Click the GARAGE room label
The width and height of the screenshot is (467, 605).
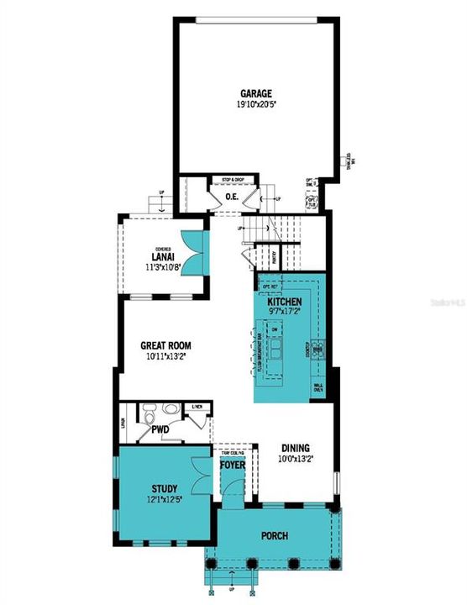254,93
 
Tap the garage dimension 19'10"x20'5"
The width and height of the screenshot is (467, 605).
254,105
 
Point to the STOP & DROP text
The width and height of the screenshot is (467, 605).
233,180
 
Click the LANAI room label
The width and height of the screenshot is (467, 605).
163,256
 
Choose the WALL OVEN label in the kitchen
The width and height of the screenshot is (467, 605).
318,388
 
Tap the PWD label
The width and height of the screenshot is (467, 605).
160,429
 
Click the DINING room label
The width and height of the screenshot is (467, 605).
295,448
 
